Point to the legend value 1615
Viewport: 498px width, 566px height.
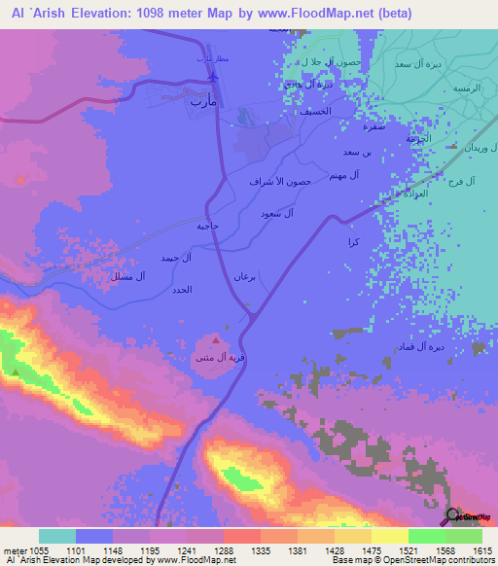pyautogui.click(x=482, y=551)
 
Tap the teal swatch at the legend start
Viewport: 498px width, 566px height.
pyautogui.click(x=57, y=536)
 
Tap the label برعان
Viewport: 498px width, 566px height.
pyautogui.click(x=244, y=277)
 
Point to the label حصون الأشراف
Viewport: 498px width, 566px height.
pyautogui.click(x=280, y=182)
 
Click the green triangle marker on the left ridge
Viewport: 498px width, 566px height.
pyautogui.click(x=16, y=371)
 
